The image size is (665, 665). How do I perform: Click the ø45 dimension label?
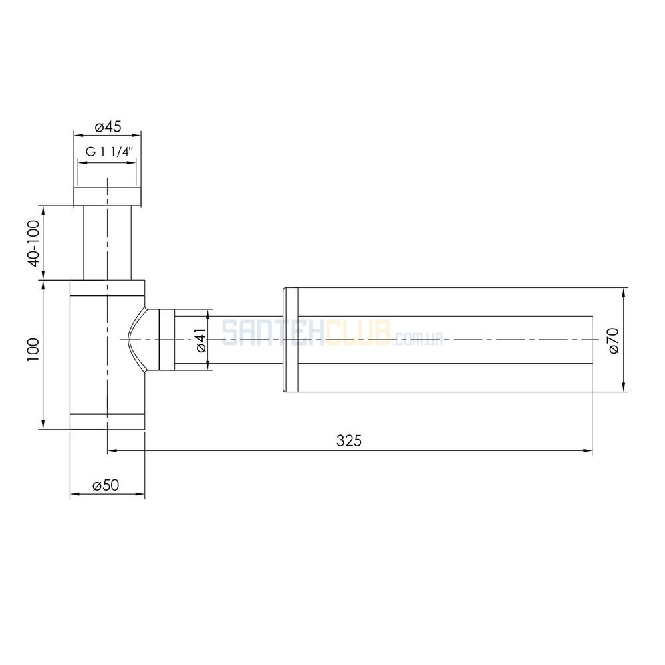108,126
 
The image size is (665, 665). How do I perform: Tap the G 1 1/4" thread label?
110,152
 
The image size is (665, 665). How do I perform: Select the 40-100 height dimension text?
34,243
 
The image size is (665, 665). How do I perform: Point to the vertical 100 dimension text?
33,350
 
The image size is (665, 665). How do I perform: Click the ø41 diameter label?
201,340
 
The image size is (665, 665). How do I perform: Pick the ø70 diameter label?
613,340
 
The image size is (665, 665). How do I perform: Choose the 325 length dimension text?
349,441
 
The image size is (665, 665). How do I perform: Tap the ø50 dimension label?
106,485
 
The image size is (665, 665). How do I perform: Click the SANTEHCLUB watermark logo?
332,333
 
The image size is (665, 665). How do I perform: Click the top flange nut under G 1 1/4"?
107,197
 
